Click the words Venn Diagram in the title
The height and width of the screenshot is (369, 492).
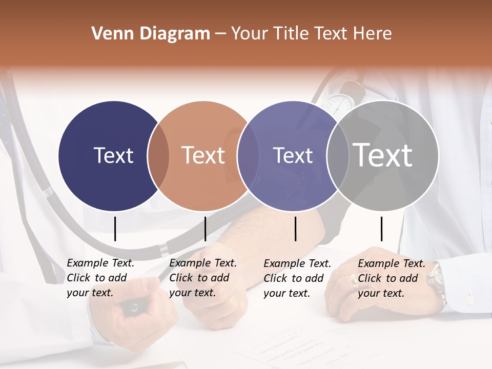click(x=151, y=34)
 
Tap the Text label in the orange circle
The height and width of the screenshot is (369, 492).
click(x=203, y=155)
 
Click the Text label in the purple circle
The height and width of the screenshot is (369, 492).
click(x=293, y=155)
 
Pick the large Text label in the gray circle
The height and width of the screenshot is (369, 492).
click(x=383, y=155)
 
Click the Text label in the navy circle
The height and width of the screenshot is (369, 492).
click(x=113, y=155)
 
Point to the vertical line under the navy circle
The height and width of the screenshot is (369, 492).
click(x=115, y=229)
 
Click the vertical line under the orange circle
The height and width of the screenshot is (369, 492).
click(x=205, y=229)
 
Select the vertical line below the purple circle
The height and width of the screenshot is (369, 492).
click(x=296, y=229)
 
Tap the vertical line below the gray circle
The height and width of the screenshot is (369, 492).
click(x=381, y=229)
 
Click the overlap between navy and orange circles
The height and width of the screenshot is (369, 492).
click(x=158, y=156)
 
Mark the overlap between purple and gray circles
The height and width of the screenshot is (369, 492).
click(x=337, y=156)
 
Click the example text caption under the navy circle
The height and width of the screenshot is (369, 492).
click(x=100, y=278)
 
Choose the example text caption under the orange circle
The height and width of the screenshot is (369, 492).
click(x=203, y=278)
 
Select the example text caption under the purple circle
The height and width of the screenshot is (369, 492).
click(x=297, y=278)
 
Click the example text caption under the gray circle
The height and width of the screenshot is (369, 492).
click(x=392, y=278)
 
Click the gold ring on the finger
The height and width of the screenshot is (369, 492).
click(x=353, y=279)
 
